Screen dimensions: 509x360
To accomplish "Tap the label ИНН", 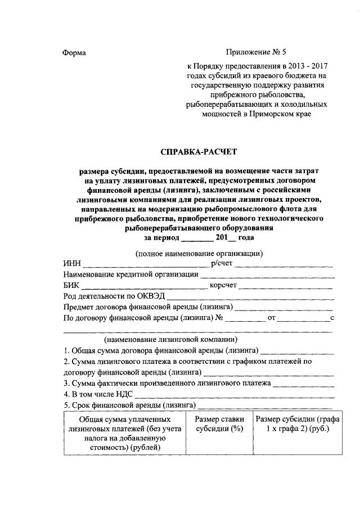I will tap(72, 264).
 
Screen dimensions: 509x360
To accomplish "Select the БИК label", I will tap(72, 286).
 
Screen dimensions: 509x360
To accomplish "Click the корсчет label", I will tap(224, 286).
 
